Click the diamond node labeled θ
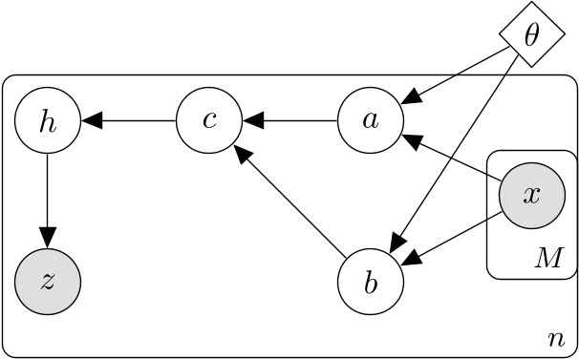pos(532,35)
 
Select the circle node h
pos(48,121)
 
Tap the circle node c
pos(208,121)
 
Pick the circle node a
pos(372,121)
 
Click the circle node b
pos(372,283)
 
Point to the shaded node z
pos(48,283)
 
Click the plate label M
pos(547,259)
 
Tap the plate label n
pos(555,339)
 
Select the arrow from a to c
pos(290,121)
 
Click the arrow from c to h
pos(128,121)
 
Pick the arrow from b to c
pos(290,202)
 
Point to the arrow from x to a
pos(452,157)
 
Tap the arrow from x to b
pos(452,236)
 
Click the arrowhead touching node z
pos(48,240)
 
